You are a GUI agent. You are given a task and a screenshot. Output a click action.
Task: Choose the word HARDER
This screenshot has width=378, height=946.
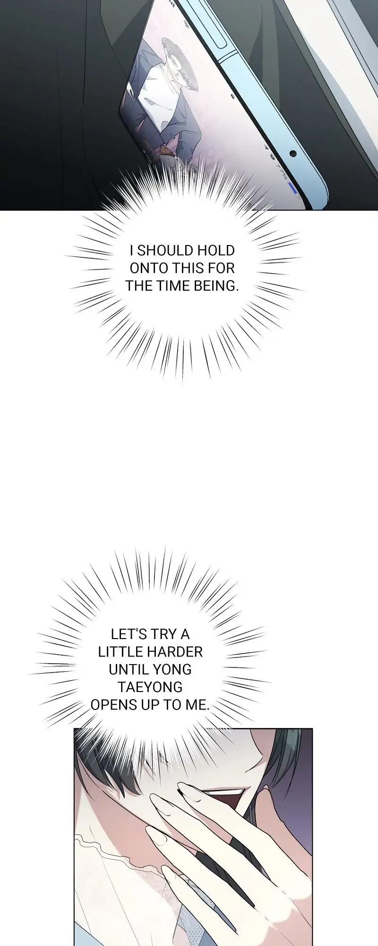pos(174,651)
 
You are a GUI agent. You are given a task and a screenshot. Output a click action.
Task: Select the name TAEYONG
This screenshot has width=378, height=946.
pos(150,687)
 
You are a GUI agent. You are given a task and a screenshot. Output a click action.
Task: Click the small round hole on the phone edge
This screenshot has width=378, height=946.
pos(292,154)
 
